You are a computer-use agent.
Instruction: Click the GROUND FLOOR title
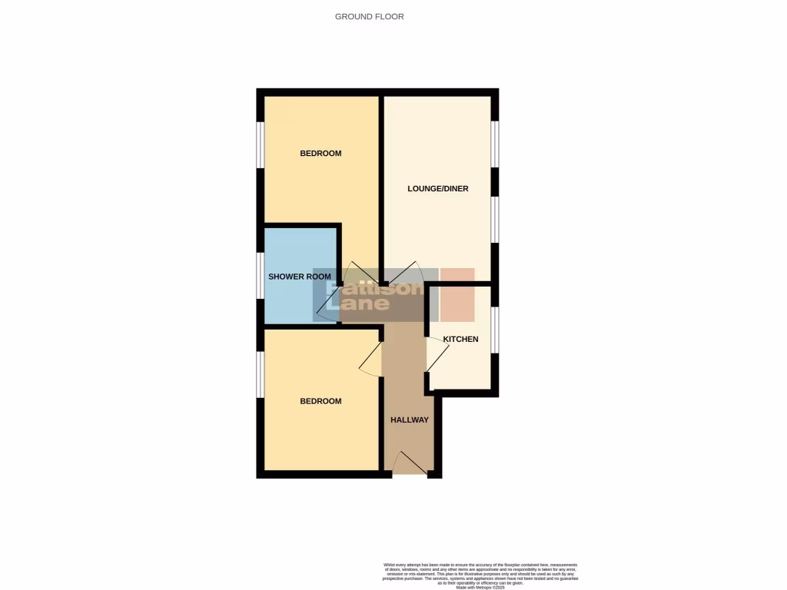[x=369, y=16]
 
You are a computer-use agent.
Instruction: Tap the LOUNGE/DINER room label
[x=437, y=189]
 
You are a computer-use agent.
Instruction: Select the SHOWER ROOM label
[x=300, y=277]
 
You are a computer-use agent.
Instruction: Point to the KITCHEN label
[x=460, y=339]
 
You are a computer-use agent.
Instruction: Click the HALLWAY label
[x=410, y=419]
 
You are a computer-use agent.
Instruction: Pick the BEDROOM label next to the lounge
[x=320, y=154]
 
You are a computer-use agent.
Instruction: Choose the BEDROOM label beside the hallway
[x=320, y=401]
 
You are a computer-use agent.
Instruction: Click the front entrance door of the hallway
[x=410, y=462]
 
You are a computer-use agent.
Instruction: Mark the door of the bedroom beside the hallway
[x=370, y=359]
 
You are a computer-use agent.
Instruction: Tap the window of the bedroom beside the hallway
[x=261, y=375]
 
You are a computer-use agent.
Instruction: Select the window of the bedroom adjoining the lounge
[x=261, y=144]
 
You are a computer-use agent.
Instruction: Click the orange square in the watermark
[x=457, y=294]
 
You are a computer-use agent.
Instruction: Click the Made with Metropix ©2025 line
[x=480, y=587]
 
